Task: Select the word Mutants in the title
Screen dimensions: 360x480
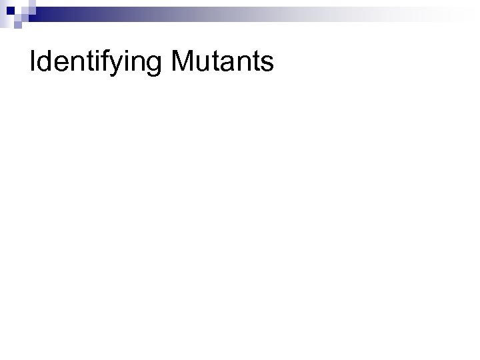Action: click(223, 62)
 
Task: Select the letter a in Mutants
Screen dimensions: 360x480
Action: click(226, 64)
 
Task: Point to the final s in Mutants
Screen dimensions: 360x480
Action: click(267, 64)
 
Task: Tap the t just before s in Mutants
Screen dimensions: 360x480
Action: click(255, 63)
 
